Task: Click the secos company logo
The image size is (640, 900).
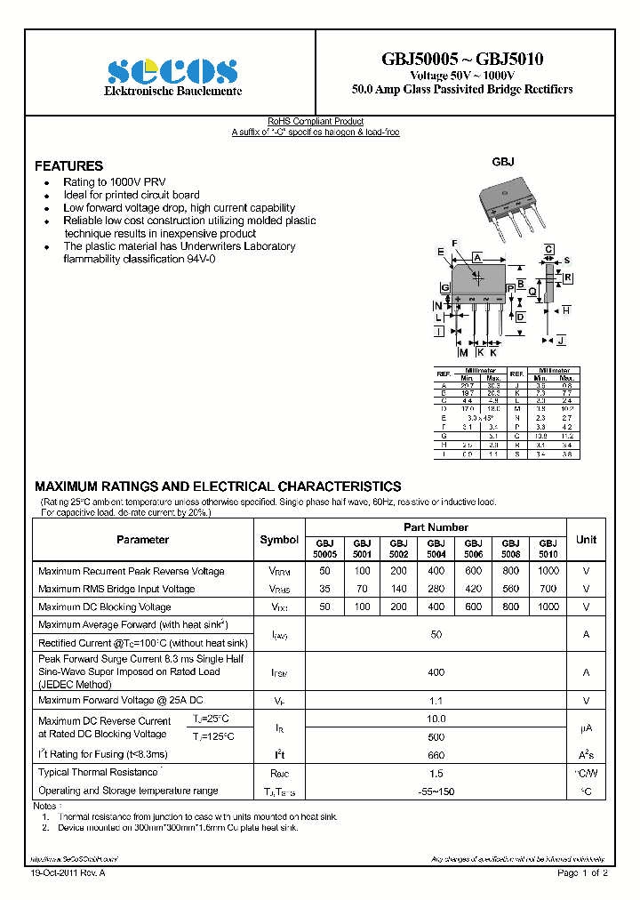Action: coord(172,72)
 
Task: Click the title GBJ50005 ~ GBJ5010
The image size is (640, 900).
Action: coord(462,60)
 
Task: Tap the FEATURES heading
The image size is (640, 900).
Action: coord(68,166)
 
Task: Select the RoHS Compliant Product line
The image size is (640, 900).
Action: coord(316,122)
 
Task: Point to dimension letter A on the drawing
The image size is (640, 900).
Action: coord(477,257)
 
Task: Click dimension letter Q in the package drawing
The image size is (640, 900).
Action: coord(532,291)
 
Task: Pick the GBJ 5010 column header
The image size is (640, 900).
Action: coord(548,548)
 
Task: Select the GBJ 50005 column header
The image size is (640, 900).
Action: coord(324,548)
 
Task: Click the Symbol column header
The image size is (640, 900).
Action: coord(279,540)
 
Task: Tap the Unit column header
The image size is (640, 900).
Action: coord(586,540)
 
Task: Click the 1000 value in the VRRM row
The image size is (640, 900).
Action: coord(548,571)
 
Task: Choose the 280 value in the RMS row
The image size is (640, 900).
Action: coord(436,589)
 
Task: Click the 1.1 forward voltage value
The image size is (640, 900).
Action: coord(436,701)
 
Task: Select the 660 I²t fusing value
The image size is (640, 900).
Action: coord(436,755)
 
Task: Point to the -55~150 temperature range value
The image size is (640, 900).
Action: coord(436,791)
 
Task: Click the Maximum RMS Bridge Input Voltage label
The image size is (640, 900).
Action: coord(116,589)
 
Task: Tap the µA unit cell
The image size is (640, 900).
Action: coord(586,728)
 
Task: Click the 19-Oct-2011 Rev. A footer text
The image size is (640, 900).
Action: coord(68,873)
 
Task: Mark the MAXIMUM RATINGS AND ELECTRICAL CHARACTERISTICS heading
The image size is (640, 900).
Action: coord(218,486)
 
